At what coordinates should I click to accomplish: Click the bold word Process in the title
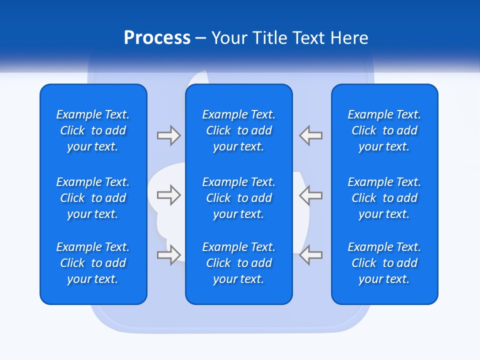click(x=157, y=38)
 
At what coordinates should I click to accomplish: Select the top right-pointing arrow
click(x=168, y=135)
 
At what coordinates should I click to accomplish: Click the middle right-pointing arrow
click(x=168, y=195)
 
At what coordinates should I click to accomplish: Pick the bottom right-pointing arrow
click(x=168, y=255)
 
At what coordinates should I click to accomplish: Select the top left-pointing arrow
click(x=311, y=135)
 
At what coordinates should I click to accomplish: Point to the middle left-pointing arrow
click(x=311, y=195)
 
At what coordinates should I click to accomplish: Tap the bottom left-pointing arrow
click(x=311, y=255)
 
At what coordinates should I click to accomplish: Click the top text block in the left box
click(x=93, y=130)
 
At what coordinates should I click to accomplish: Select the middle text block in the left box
click(x=93, y=198)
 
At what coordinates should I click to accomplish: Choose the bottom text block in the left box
click(x=93, y=263)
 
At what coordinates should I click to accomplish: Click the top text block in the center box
click(x=238, y=130)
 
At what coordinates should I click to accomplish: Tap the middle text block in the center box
click(x=238, y=198)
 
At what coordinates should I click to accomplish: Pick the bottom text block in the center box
click(x=238, y=263)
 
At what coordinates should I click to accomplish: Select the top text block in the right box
click(x=384, y=130)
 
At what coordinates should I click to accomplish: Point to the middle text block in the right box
click(x=384, y=198)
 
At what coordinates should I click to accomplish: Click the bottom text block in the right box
click(x=384, y=263)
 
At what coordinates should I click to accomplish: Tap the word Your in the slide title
click(x=228, y=38)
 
